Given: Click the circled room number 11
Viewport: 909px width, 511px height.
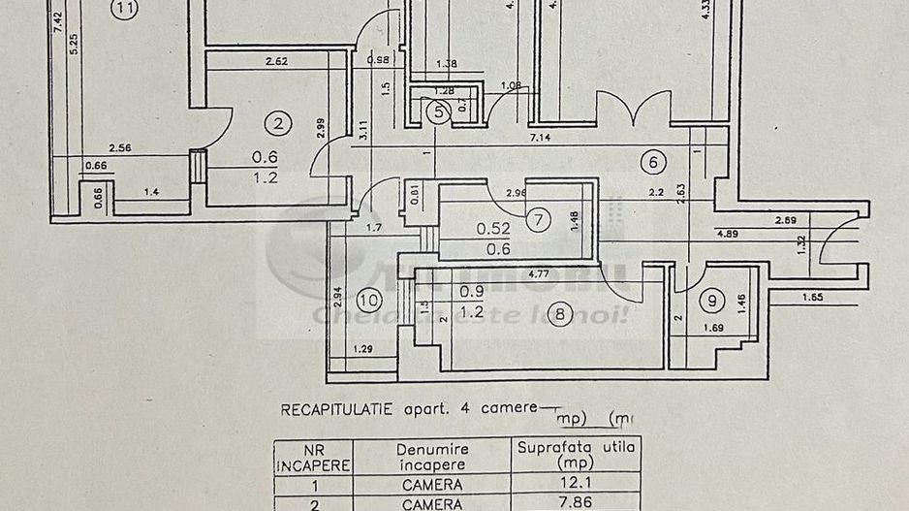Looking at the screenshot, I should (125, 10).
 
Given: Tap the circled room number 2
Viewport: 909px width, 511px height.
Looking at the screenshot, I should (278, 123).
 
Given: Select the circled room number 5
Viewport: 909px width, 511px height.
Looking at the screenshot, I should (438, 112).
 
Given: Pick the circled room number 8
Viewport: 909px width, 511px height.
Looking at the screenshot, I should (559, 312).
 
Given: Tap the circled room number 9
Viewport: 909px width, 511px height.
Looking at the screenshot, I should (715, 302).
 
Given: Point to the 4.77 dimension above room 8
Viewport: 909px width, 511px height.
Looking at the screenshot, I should (541, 275).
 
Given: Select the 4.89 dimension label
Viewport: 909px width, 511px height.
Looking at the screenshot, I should (733, 234).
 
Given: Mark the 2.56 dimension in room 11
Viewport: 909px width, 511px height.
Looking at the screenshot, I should (120, 147).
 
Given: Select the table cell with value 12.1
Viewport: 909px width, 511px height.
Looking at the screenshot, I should (576, 483).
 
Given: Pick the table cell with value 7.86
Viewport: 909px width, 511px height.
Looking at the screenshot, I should (576, 503).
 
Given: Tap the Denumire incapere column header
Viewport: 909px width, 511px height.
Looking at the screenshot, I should (432, 456).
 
